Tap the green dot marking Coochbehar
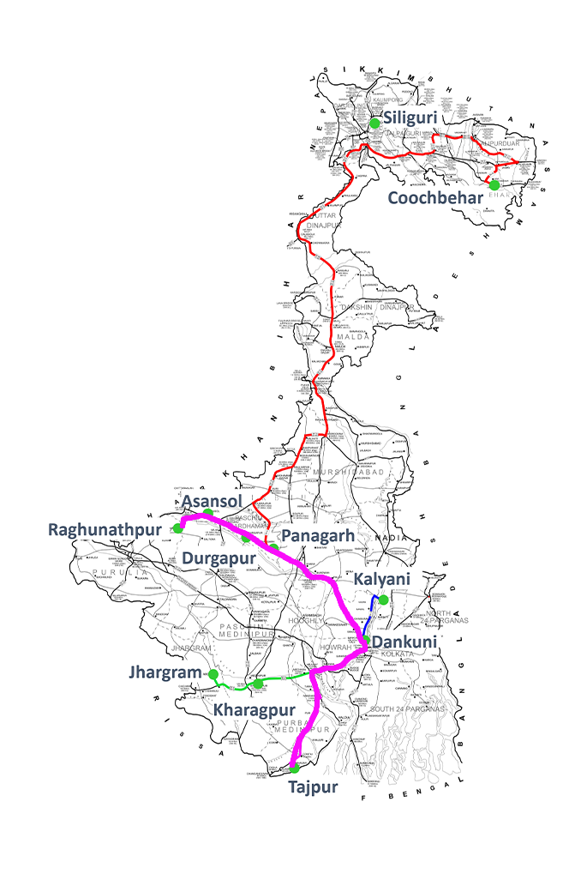494,184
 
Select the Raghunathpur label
105,530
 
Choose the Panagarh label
317,535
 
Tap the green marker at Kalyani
383,600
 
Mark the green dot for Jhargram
213,674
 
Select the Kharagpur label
255,710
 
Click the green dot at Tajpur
295,769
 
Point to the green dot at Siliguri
374,124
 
